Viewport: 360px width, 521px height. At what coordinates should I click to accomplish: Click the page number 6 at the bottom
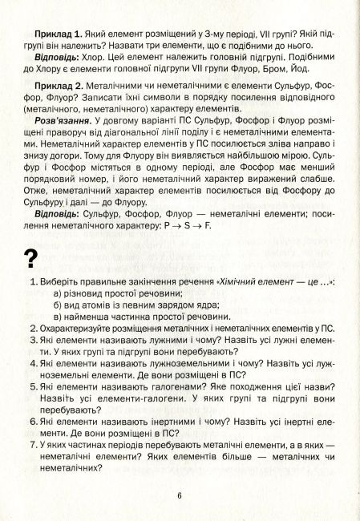coord(180,495)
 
